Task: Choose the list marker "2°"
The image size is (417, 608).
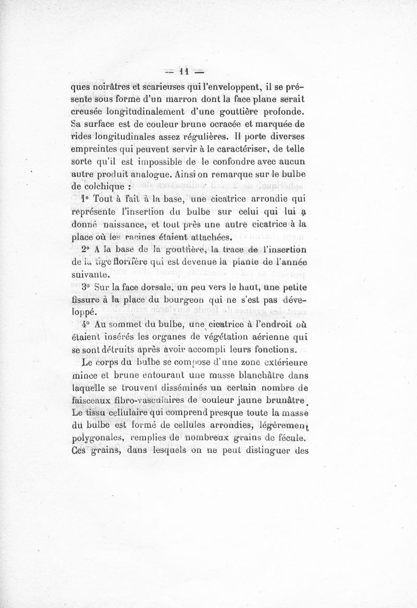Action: coord(86,249)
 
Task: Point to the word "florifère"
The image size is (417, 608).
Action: coord(138,262)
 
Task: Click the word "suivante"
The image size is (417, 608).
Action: coord(90,275)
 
